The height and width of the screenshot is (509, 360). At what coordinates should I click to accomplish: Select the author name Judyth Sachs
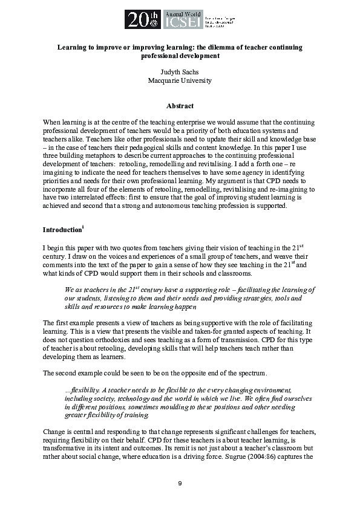tap(180, 71)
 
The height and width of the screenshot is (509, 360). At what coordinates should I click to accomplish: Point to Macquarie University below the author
tap(180, 80)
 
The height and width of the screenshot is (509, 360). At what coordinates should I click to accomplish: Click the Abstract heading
tap(180, 106)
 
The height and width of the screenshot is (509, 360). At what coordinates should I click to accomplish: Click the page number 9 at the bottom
tap(180, 483)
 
